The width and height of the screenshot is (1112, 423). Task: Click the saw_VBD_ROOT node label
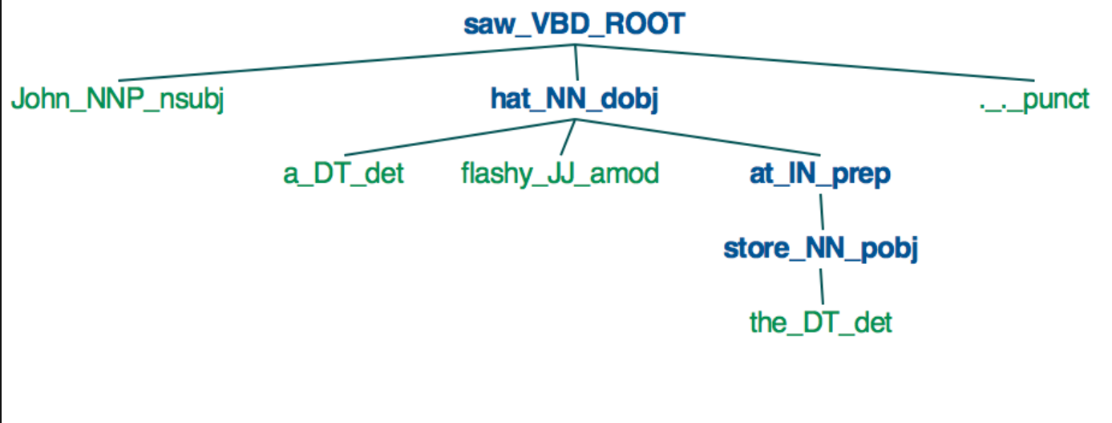click(574, 24)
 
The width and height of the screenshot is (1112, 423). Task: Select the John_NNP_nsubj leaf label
click(117, 100)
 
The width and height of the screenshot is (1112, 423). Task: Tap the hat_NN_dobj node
click(574, 100)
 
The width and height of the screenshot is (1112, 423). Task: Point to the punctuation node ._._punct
click(1034, 100)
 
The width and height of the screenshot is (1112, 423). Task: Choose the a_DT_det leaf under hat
click(343, 174)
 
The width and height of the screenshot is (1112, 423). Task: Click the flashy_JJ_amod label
click(560, 174)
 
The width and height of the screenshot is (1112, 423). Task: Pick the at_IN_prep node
click(820, 174)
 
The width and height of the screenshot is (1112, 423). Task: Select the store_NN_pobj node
click(820, 248)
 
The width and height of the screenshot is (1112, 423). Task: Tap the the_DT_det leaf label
click(820, 323)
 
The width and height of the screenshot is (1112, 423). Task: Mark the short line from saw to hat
click(576, 62)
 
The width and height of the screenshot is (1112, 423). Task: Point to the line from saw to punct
click(802, 63)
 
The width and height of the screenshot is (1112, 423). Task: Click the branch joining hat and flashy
click(566, 137)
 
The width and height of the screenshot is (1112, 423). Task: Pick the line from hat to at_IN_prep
click(698, 137)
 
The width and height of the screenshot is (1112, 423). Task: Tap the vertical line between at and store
click(821, 211)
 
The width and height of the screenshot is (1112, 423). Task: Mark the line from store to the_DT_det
click(821, 286)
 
